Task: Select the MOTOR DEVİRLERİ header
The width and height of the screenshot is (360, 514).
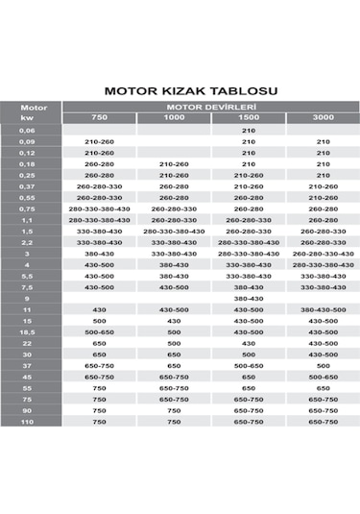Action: click(210, 107)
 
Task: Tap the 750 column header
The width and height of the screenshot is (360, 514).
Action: click(99, 117)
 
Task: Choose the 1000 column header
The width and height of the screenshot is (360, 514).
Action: click(174, 117)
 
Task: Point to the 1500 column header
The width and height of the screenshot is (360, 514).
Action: click(249, 117)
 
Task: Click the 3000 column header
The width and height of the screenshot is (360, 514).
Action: click(323, 117)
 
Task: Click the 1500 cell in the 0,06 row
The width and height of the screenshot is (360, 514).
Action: click(249, 130)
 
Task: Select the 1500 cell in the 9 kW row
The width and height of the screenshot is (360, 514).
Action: click(249, 298)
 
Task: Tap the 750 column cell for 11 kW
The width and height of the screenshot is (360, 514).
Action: click(99, 309)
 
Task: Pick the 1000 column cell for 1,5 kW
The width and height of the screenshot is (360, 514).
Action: click(174, 231)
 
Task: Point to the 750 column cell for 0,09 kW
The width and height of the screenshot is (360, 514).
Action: click(99, 141)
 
